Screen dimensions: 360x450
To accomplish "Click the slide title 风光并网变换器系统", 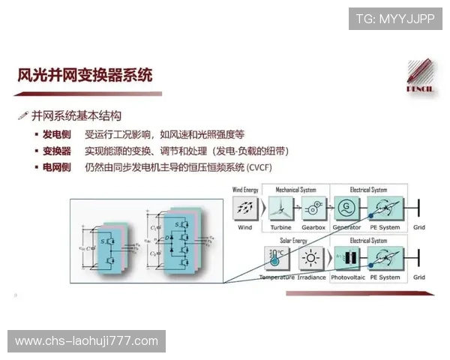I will point(85,75).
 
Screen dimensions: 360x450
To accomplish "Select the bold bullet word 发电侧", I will point(57,135).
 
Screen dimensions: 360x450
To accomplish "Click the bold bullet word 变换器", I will point(57,151).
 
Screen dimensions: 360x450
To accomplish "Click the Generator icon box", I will point(346,208).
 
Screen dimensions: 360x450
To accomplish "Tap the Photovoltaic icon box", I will point(347,259).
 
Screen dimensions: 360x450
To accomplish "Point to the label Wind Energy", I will point(245,190).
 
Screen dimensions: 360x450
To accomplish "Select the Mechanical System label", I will point(296,190).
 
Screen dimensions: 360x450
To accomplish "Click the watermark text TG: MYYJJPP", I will point(395,19).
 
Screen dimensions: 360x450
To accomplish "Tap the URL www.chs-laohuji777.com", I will point(87,341).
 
